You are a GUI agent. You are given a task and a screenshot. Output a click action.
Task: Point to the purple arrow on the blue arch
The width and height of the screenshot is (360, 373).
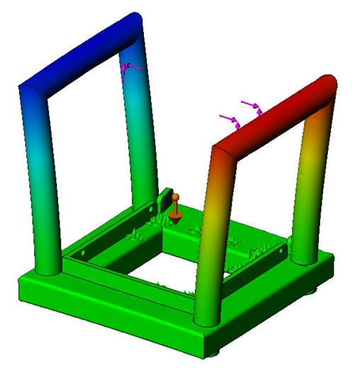pos(128,68)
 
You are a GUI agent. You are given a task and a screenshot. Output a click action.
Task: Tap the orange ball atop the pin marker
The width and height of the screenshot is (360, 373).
pos(176,197)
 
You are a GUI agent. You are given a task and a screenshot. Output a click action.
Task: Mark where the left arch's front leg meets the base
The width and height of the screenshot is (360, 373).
pos(50,269)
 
